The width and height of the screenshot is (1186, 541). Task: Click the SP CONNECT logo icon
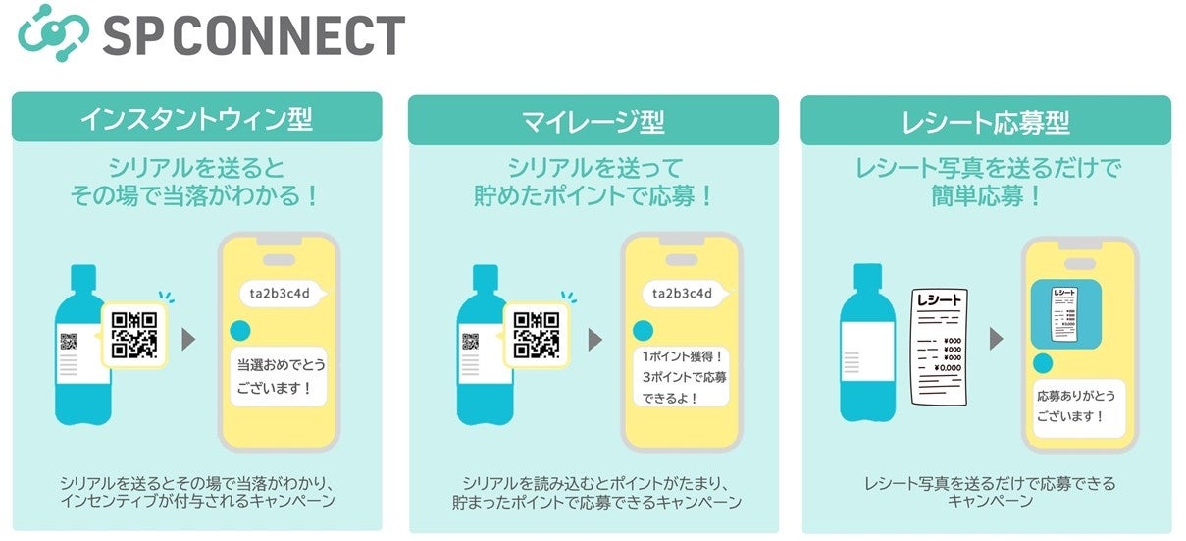pyautogui.click(x=55, y=34)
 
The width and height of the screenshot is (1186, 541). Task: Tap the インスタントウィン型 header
pyautogui.click(x=196, y=120)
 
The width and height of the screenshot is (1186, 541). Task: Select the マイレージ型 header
pyautogui.click(x=593, y=122)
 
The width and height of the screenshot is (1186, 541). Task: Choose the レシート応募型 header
pyautogui.click(x=985, y=122)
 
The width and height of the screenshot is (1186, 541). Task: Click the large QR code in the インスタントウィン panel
pyautogui.click(x=134, y=334)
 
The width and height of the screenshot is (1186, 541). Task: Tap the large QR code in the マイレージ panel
pyautogui.click(x=537, y=334)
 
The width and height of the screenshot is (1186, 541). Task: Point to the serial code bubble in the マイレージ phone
pyautogui.click(x=683, y=293)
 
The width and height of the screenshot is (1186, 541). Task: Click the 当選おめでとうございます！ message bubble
pyautogui.click(x=281, y=376)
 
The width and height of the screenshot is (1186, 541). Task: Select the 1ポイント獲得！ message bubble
pyautogui.click(x=684, y=376)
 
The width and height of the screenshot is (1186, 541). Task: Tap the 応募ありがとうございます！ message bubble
pyautogui.click(x=1079, y=407)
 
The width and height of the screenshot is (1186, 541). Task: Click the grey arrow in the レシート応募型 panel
pyautogui.click(x=996, y=340)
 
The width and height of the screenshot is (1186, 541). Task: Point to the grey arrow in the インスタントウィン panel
pyautogui.click(x=189, y=340)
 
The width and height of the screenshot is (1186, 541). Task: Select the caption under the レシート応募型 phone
pyautogui.click(x=989, y=492)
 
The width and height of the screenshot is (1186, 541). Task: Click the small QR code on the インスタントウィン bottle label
pyautogui.click(x=69, y=342)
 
